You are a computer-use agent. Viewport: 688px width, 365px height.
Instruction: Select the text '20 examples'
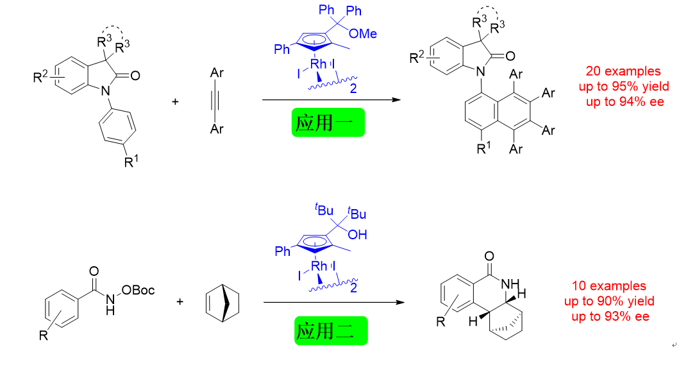[623, 71]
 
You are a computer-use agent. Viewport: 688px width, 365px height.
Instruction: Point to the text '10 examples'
[608, 286]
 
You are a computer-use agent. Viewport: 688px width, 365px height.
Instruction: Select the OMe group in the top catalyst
[362, 34]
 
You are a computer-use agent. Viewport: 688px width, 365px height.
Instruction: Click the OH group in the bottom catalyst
[358, 235]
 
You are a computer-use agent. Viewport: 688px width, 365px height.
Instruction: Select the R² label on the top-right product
[417, 58]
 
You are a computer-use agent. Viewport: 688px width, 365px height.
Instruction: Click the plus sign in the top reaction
[176, 101]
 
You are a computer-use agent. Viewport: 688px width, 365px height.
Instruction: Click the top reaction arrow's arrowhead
[398, 100]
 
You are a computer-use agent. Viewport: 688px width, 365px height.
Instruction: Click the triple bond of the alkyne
[217, 101]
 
